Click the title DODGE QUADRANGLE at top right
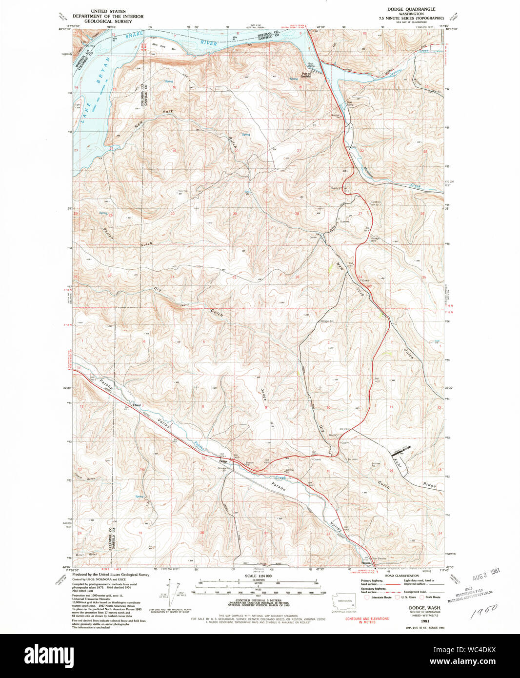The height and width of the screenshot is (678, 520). tap(411, 9)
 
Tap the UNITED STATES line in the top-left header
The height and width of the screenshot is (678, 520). tap(108, 11)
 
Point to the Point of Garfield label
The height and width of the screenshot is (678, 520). tap(306, 76)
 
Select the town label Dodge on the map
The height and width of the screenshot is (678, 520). tap(224, 461)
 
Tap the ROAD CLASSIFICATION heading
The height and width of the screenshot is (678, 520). tap(402, 576)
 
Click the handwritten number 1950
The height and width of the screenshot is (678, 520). tap(484, 610)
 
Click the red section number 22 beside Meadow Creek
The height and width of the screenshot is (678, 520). tap(361, 151)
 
